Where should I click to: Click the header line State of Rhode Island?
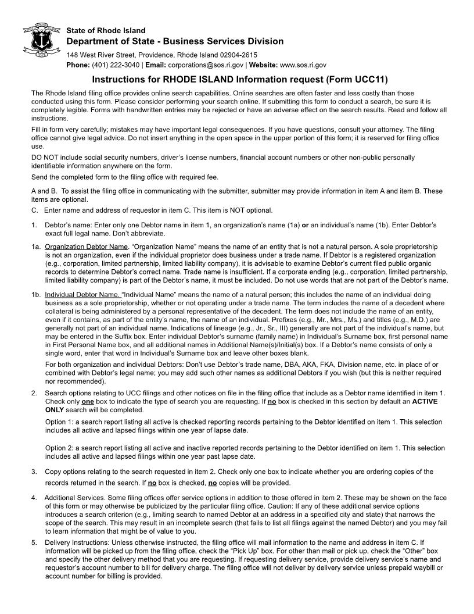tap(106, 30)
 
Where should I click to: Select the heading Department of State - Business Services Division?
tap(175, 41)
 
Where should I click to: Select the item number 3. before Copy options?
tap(34, 472)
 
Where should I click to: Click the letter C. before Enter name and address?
tap(34, 210)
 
